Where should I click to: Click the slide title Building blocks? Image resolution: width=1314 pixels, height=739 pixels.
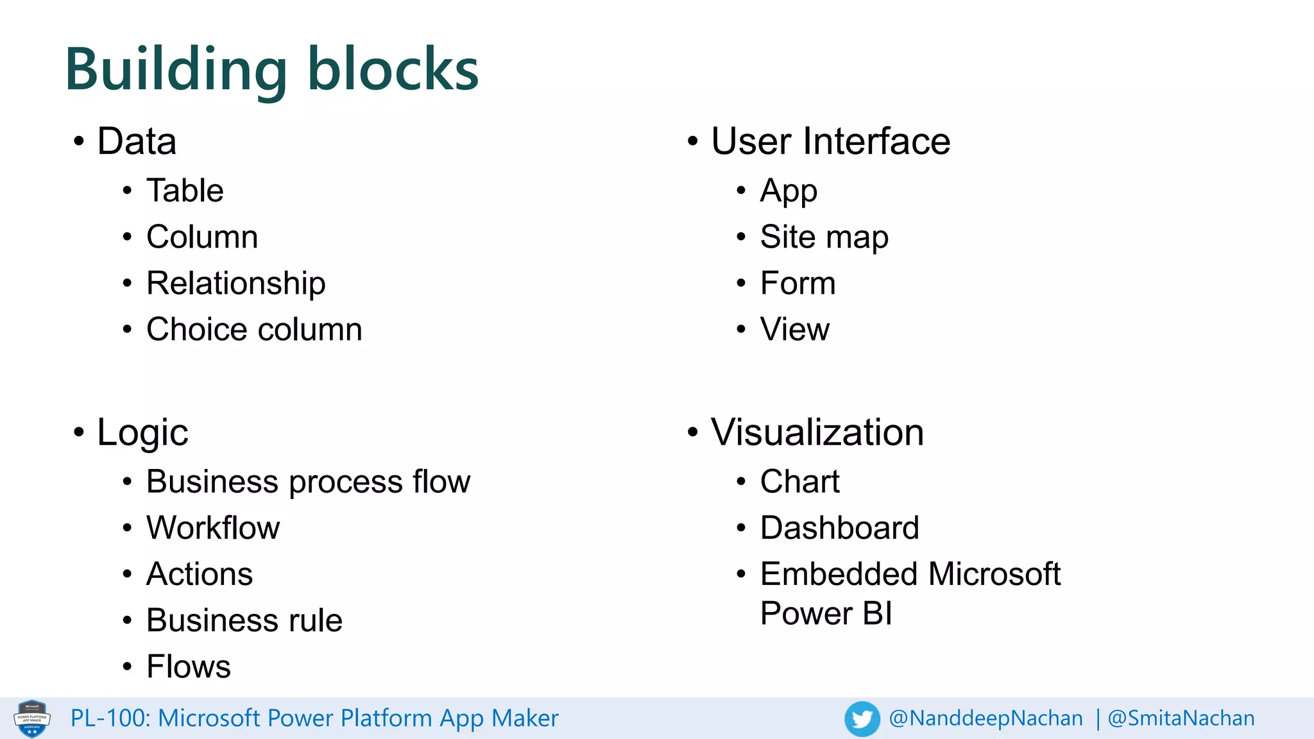point(271,69)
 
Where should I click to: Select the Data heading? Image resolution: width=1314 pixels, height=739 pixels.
point(137,141)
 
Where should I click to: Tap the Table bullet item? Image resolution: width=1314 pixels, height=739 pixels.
point(185,191)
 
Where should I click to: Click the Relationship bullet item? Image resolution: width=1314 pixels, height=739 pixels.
point(235,283)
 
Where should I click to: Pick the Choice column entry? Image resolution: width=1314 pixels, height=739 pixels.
point(254,329)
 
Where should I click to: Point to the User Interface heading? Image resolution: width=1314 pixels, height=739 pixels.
point(830,141)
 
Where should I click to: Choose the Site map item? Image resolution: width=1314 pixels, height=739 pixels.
point(824,237)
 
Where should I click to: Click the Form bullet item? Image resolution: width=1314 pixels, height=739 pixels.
point(798,283)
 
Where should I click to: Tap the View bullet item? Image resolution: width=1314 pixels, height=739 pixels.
point(794,329)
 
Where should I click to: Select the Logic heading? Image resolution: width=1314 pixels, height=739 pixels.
point(142,432)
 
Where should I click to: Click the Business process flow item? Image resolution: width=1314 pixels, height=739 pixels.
point(308,482)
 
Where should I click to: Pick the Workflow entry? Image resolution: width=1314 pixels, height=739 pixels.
point(213,528)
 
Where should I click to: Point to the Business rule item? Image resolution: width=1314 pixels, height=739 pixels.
point(244,620)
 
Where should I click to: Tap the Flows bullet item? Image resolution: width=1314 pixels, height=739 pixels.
point(188,667)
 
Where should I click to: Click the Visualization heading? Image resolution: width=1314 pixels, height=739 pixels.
point(817,432)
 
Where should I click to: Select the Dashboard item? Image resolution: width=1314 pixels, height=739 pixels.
point(839,528)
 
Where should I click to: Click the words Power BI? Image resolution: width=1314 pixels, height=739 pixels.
point(826,613)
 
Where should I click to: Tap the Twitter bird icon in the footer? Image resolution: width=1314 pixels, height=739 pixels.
point(862,718)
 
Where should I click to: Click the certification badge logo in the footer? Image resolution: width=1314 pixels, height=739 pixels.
point(32,718)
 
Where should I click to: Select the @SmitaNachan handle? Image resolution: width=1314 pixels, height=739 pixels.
point(1181,718)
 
